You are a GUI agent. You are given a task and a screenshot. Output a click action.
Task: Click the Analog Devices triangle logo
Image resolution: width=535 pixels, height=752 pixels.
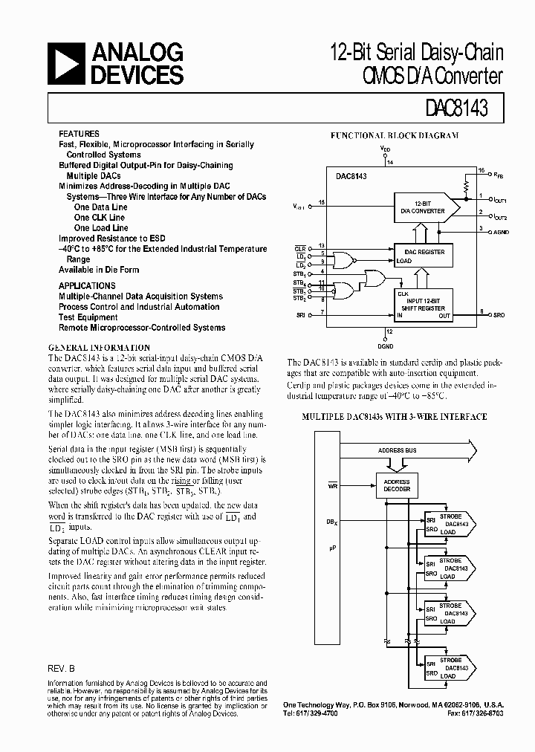click(x=66, y=64)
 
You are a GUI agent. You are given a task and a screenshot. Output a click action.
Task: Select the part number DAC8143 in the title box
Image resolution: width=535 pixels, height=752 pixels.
click(x=458, y=108)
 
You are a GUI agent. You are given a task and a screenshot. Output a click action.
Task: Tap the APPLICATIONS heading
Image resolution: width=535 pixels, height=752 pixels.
click(x=87, y=285)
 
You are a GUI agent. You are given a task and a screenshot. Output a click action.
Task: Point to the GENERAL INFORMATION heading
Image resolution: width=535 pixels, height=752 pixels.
click(x=99, y=348)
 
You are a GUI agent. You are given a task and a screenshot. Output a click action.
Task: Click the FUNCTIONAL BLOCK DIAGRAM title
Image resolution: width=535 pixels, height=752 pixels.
click(x=394, y=136)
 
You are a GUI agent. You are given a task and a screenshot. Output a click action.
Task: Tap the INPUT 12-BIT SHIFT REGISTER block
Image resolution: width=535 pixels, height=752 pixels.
click(x=424, y=304)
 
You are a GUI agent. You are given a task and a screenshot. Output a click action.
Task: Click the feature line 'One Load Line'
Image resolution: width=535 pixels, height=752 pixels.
click(x=101, y=228)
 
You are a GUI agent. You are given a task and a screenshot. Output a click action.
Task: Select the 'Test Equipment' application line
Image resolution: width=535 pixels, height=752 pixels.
click(x=88, y=317)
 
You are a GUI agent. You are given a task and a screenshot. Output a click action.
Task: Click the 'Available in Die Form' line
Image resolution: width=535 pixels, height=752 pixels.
click(x=99, y=270)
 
